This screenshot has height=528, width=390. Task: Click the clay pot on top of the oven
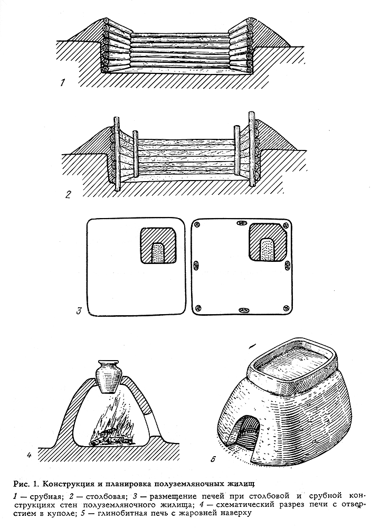[108, 376]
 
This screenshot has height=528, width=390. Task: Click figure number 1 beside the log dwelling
[63, 82]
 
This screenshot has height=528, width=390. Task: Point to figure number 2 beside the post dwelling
[68, 194]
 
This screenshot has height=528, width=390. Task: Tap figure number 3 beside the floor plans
[79, 310]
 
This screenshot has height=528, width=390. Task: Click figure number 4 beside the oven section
[29, 455]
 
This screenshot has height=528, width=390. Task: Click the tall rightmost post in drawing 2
[252, 148]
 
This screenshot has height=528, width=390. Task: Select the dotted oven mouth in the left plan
[158, 253]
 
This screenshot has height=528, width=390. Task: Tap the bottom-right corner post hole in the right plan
[286, 307]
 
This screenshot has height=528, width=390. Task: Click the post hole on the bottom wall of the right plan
[242, 309]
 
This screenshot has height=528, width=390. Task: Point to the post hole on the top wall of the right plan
[242, 223]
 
